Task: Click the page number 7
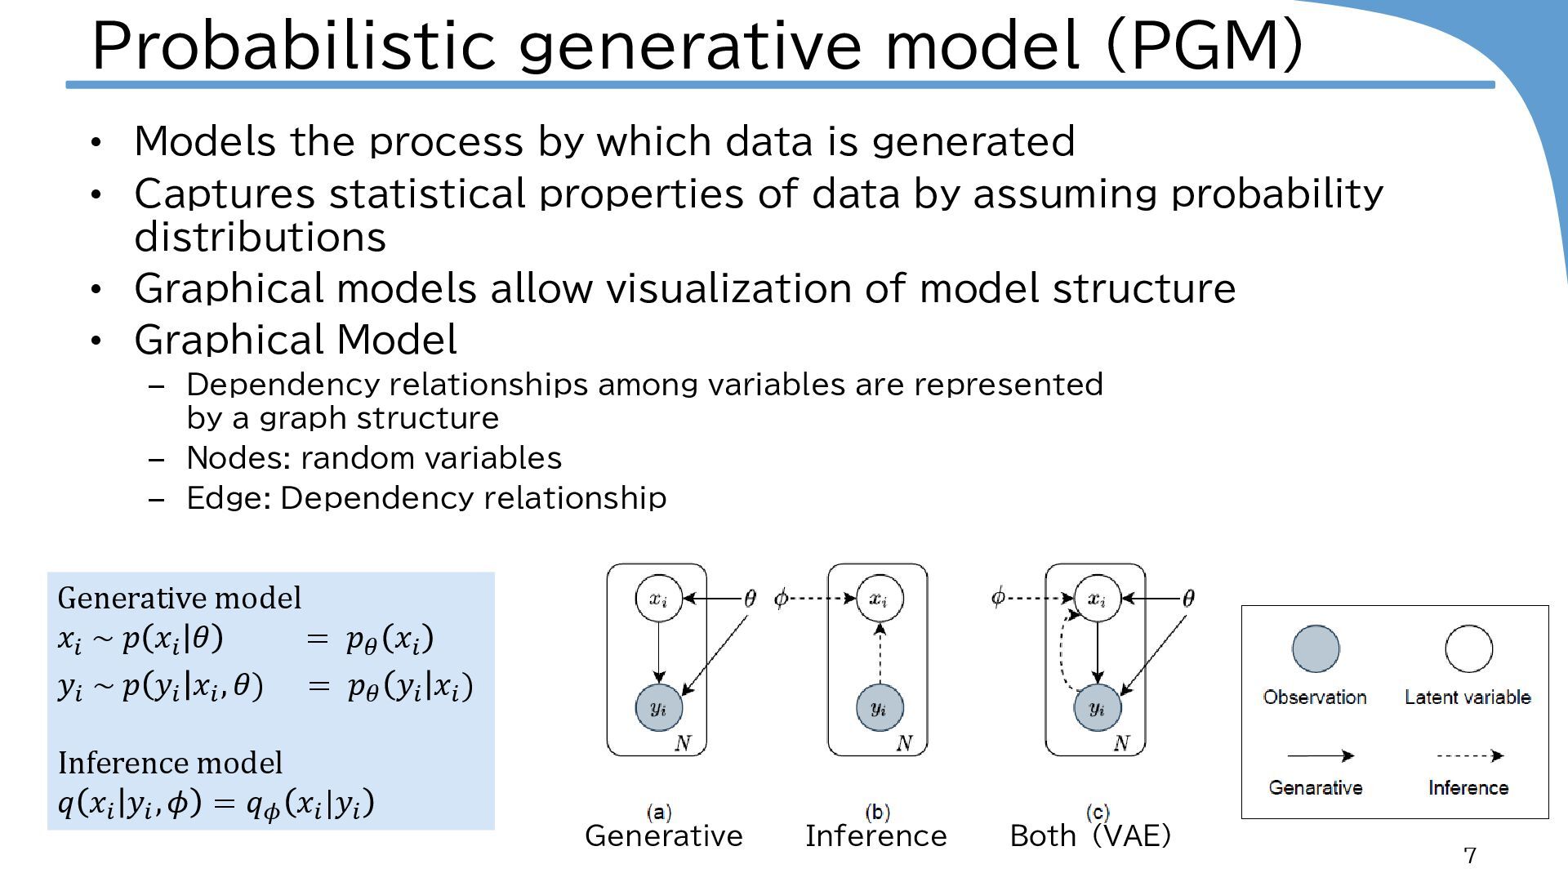1470,855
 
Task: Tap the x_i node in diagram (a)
658,599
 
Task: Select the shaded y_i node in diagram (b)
879,707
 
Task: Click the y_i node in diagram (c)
1097,707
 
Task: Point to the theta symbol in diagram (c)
1188,599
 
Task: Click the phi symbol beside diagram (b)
781,599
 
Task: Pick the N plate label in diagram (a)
684,743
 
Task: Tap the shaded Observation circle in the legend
1316,649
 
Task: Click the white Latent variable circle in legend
1468,649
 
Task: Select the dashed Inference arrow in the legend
1469,755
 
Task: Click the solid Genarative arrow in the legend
1320,755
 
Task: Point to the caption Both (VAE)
1090,835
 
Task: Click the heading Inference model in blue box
170,763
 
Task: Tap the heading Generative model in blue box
180,598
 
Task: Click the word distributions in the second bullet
260,238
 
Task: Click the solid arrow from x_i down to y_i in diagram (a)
658,653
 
